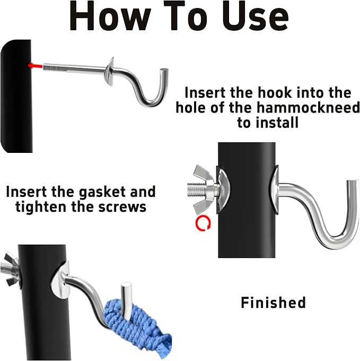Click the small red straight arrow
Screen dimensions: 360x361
[35, 66]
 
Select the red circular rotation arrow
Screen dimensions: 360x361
[203, 223]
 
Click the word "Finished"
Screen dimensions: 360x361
[274, 302]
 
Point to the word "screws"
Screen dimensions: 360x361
[122, 207]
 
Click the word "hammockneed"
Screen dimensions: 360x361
[308, 107]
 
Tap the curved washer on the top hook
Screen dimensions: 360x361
[109, 72]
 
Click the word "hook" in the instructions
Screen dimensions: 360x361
[275, 92]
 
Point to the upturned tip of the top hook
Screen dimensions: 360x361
[164, 71]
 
